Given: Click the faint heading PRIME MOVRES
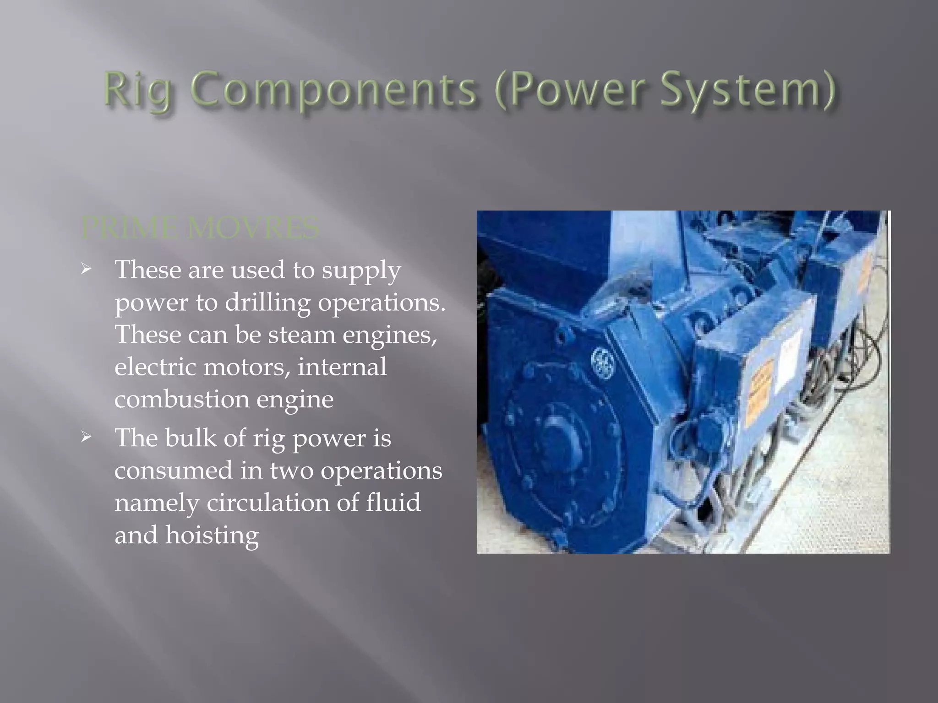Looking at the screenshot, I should coord(200,228).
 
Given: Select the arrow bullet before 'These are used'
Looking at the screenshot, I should coord(86,270).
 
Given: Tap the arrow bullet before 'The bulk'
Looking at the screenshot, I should coord(86,438).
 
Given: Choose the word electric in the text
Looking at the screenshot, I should coord(155,367).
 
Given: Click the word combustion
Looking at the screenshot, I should coord(181,400).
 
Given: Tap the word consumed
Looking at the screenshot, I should coord(174,470).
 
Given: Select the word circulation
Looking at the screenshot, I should coord(268,503).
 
